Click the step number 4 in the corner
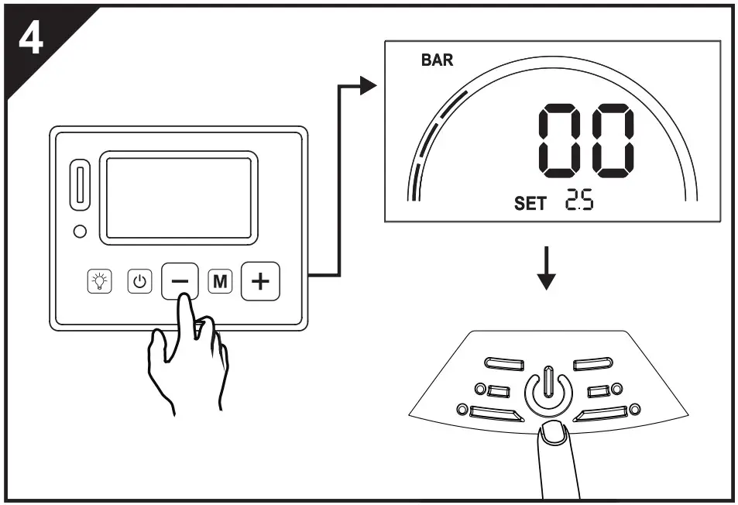(30, 40)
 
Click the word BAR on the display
(438, 61)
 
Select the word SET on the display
(530, 204)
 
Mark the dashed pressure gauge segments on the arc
(434, 139)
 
